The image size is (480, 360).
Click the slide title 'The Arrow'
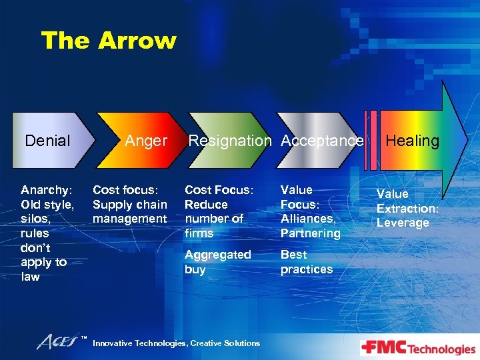[x=109, y=41]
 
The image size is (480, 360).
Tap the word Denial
[x=47, y=141]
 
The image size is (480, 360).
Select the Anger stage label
[x=146, y=141]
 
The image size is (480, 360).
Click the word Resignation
[x=230, y=141]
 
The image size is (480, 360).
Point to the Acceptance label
[x=322, y=141]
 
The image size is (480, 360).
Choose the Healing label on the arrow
[x=413, y=141]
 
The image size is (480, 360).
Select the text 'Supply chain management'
[x=129, y=211]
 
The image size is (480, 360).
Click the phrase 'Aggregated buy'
[x=217, y=262]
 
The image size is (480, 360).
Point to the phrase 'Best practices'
[x=306, y=262]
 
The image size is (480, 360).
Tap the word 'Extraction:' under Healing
[x=407, y=208]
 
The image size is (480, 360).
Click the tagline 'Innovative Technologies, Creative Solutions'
[x=176, y=343]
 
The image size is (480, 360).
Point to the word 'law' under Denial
[x=31, y=277]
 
